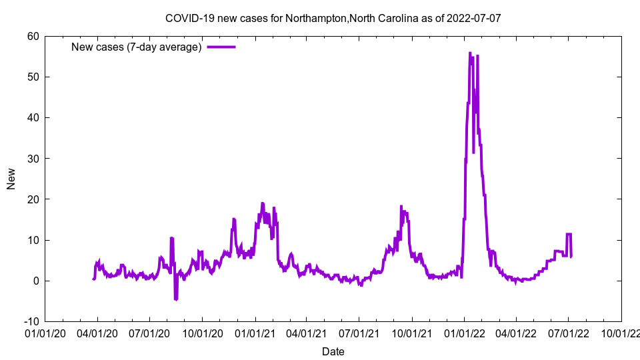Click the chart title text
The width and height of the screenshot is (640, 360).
333,19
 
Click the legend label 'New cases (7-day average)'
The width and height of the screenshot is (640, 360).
137,47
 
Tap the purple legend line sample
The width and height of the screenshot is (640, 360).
221,47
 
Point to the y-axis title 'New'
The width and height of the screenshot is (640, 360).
11,179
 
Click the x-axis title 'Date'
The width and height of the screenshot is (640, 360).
333,351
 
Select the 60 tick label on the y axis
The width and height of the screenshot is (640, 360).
33,36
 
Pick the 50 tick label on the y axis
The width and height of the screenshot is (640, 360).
33,77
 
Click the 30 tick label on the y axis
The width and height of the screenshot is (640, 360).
33,158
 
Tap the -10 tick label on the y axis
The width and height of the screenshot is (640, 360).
31,321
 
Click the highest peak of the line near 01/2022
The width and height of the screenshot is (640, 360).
470,53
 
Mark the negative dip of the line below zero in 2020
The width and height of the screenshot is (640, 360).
176,299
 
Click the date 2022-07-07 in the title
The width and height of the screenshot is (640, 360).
475,19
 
